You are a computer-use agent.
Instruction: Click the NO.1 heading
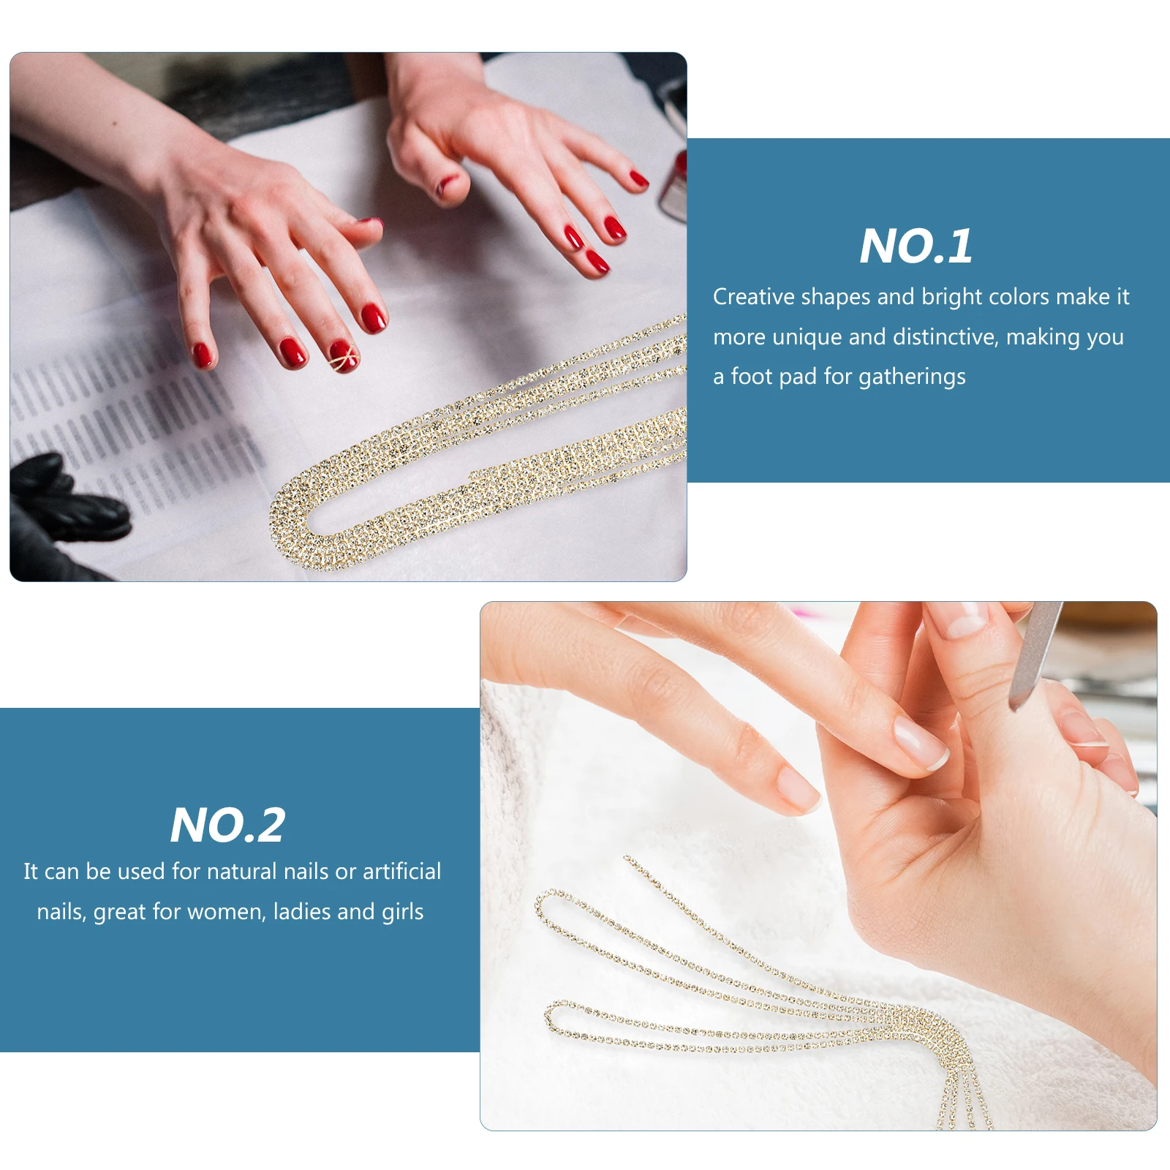(916, 246)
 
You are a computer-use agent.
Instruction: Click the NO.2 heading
(227, 825)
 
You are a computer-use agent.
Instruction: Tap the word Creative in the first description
(754, 296)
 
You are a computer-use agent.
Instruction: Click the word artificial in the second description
(401, 871)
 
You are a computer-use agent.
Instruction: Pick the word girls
(402, 912)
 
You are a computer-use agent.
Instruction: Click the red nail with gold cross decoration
(344, 356)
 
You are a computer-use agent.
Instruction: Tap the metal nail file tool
(1035, 655)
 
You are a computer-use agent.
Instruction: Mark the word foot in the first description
(752, 377)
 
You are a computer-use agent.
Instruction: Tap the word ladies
(302, 912)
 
